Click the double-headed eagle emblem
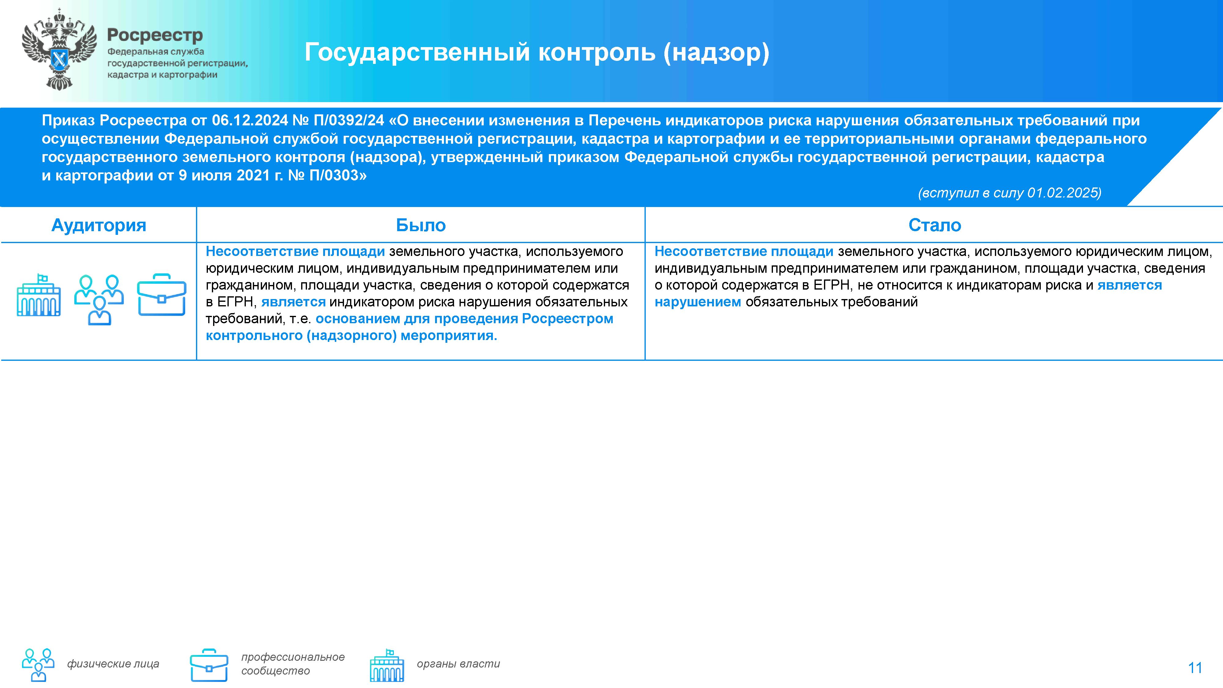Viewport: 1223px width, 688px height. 59,50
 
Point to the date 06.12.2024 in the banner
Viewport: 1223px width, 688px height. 250,120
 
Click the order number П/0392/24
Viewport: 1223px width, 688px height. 349,120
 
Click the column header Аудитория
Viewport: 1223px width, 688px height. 99,225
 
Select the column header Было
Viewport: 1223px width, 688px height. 421,225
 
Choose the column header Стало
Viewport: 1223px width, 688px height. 934,225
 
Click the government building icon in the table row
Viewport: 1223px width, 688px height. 39,295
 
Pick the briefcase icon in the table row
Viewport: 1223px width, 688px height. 161,295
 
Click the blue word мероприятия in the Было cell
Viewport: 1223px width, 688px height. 448,336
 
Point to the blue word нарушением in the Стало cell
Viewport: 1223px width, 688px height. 697,302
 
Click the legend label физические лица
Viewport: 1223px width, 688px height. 113,664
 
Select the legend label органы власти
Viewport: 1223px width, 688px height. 458,664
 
